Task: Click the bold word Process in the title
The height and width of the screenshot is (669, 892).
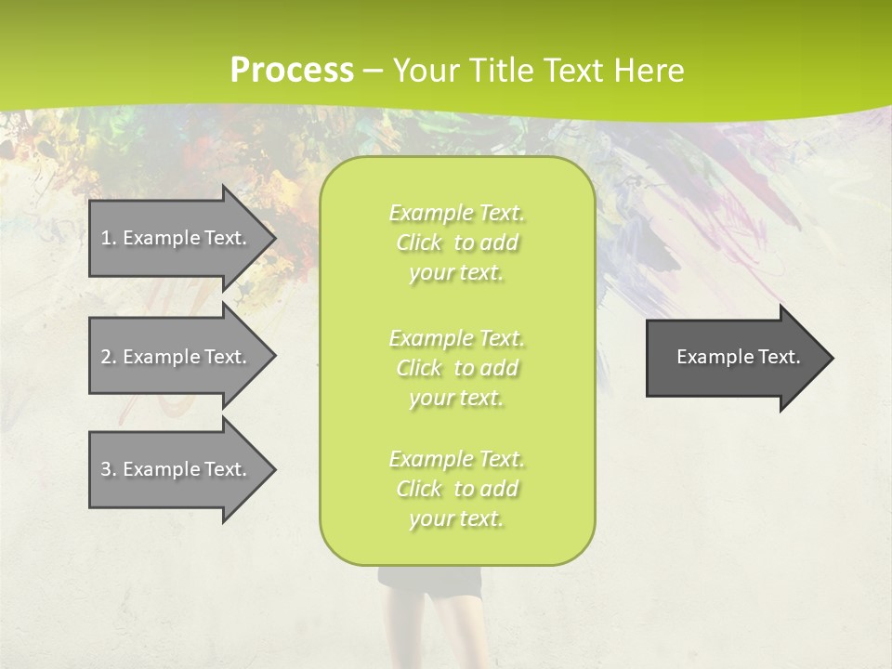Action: click(292, 71)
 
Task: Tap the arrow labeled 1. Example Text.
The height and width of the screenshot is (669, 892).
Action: click(177, 238)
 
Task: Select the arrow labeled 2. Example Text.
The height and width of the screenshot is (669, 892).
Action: click(177, 357)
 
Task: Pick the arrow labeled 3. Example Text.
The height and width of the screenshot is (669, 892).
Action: click(177, 469)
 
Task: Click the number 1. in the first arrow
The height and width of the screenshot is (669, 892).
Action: click(108, 238)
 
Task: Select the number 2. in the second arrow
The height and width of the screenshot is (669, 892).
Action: click(108, 357)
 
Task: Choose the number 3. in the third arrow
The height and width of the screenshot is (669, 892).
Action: click(108, 469)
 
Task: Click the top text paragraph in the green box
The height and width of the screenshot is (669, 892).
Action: click(457, 243)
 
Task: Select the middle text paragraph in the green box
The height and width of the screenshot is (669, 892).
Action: click(457, 368)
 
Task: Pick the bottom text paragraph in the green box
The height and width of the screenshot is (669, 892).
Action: click(457, 489)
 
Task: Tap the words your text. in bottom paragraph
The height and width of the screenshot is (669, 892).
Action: click(456, 519)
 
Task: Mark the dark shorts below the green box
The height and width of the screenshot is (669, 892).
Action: click(430, 582)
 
